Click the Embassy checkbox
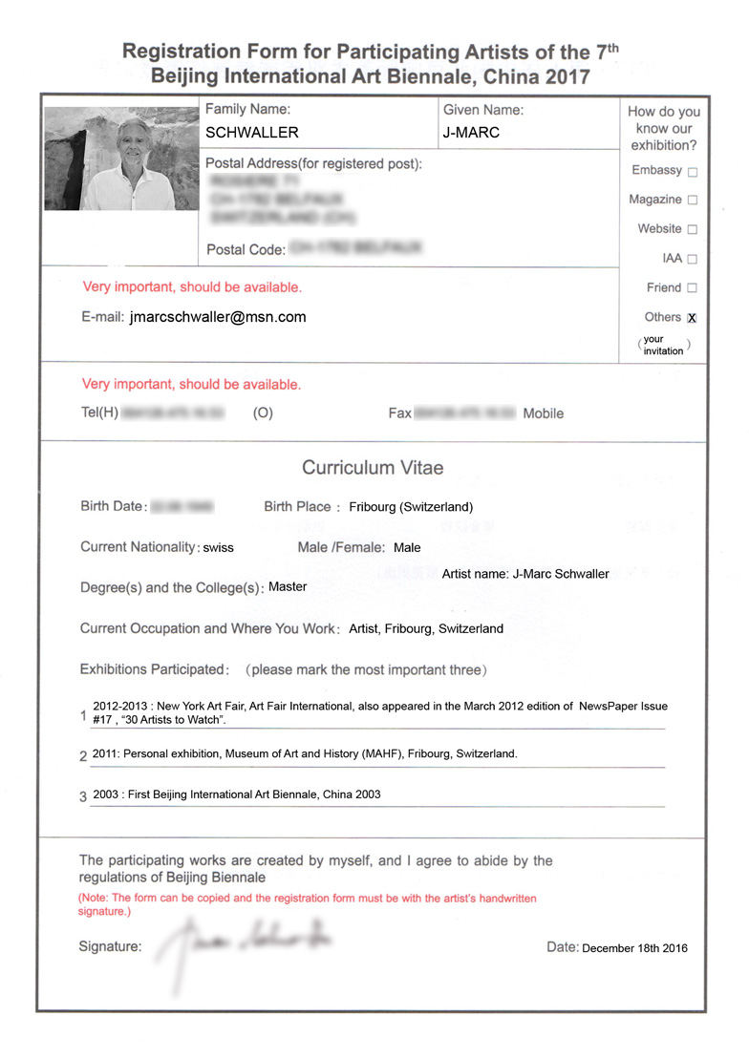click(x=693, y=172)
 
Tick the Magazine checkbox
click(x=693, y=201)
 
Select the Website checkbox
click(x=693, y=229)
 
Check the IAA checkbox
click(x=693, y=259)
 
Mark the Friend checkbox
click(x=693, y=287)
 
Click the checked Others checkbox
click(x=693, y=318)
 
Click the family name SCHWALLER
click(x=252, y=133)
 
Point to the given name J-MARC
click(x=471, y=133)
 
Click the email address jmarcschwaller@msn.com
click(x=218, y=317)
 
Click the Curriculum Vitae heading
click(x=373, y=468)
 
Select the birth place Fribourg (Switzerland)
click(x=411, y=507)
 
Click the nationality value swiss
click(x=218, y=548)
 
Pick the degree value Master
click(x=288, y=586)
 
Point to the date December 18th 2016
click(x=634, y=948)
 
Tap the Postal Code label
click(x=246, y=250)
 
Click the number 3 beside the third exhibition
click(x=83, y=796)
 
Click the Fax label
click(x=399, y=413)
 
